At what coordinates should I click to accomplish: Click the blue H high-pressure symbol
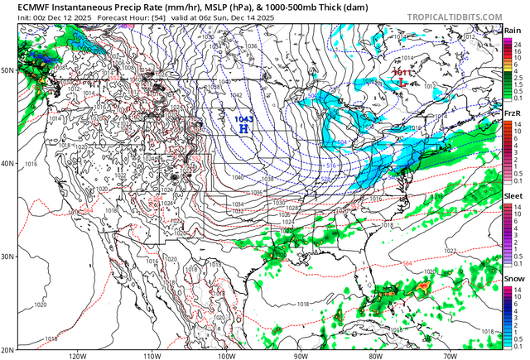[x=243, y=128]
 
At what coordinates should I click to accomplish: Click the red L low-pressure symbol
[x=402, y=83]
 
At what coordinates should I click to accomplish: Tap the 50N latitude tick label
[x=8, y=70]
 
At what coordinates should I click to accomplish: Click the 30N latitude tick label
[x=8, y=257]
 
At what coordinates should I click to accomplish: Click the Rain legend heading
[x=513, y=31]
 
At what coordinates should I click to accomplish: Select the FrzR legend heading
[x=513, y=113]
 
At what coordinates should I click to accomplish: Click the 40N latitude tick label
[x=8, y=163]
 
